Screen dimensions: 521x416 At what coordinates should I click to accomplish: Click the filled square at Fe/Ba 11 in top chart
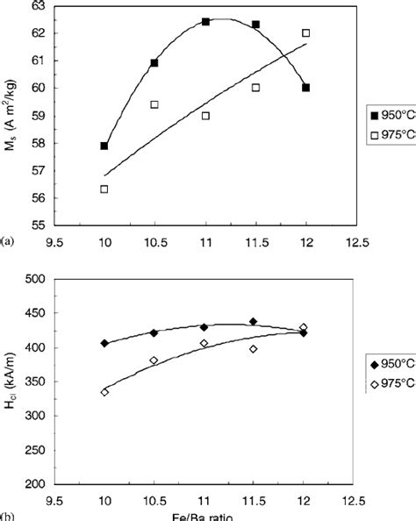pyautogui.click(x=205, y=21)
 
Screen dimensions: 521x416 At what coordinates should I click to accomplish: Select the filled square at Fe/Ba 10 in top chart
pyautogui.click(x=104, y=146)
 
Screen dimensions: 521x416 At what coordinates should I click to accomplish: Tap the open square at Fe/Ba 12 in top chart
pyautogui.click(x=305, y=33)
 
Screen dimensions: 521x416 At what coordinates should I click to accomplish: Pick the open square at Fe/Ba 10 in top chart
pyautogui.click(x=104, y=189)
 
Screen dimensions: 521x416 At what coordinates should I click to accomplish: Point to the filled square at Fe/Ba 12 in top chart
pyautogui.click(x=305, y=88)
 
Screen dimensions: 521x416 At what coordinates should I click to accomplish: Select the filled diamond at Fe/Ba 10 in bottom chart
pyautogui.click(x=104, y=343)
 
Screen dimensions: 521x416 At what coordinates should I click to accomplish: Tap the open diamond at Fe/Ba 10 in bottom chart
pyautogui.click(x=104, y=392)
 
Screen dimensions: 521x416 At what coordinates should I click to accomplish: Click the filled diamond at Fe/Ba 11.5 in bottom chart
pyautogui.click(x=255, y=322)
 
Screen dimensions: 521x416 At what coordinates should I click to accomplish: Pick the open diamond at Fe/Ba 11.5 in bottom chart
pyautogui.click(x=255, y=349)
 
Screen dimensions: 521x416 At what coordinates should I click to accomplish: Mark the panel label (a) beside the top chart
pyautogui.click(x=8, y=238)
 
